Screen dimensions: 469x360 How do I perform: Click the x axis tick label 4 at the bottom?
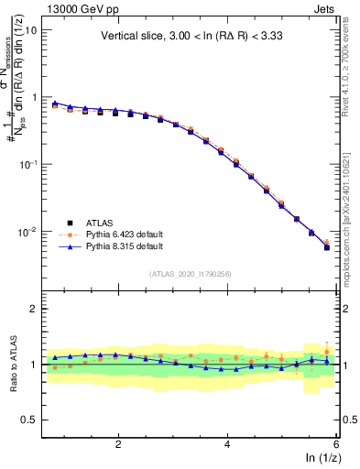[227, 444]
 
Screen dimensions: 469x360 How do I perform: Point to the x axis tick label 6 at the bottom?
[336, 444]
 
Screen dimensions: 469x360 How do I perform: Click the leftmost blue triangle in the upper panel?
[55, 104]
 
